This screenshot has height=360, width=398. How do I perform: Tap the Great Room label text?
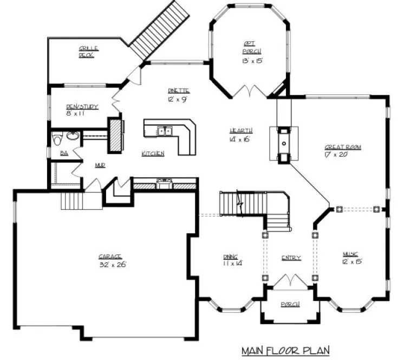(342, 147)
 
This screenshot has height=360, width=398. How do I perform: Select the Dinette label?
(179, 91)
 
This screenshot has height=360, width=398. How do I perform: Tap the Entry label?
(291, 258)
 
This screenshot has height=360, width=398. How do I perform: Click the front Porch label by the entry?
(290, 305)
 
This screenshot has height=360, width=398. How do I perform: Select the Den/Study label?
(82, 107)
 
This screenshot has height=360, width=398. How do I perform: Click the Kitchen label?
(153, 154)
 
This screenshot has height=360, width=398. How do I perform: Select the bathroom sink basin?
(72, 136)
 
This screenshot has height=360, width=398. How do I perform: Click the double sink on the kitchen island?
(164, 131)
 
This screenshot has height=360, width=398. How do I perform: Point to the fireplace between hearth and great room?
(284, 145)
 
